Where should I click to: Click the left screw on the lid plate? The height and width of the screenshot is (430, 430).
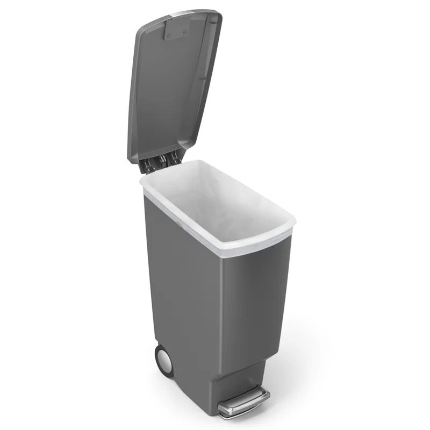tap(169, 36)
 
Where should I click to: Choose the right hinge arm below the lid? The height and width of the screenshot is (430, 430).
tap(174, 157)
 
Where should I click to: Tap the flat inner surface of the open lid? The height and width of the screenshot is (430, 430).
tap(172, 91)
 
